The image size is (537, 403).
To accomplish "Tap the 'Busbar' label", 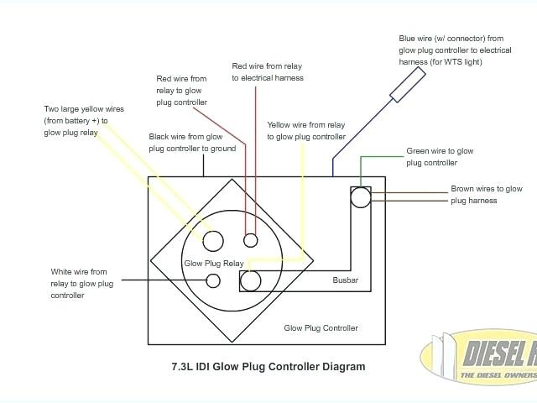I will click(x=346, y=280).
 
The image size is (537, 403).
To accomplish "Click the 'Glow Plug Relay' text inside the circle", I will click(x=213, y=264).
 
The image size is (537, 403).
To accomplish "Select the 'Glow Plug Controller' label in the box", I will click(x=321, y=328).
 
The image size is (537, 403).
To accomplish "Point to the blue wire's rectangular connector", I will click(x=407, y=85).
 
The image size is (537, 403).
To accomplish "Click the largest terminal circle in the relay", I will click(x=212, y=241).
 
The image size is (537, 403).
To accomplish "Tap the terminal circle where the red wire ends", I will click(x=250, y=241).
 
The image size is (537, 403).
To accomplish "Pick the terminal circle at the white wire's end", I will click(x=213, y=281).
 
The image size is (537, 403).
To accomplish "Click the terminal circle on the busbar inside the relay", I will click(x=251, y=280).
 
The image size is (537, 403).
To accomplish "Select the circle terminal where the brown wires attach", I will click(x=360, y=197).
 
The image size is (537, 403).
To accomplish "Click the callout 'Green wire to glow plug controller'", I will click(x=440, y=157).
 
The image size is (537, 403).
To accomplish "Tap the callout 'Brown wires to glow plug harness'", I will click(x=486, y=195).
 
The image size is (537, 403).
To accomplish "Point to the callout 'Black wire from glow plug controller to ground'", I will click(x=192, y=142).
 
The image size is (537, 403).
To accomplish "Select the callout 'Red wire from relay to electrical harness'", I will click(x=267, y=71).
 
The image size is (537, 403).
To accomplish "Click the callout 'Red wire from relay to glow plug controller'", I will click(x=181, y=90).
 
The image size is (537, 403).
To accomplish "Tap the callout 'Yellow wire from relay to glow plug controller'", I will click(x=306, y=130).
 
